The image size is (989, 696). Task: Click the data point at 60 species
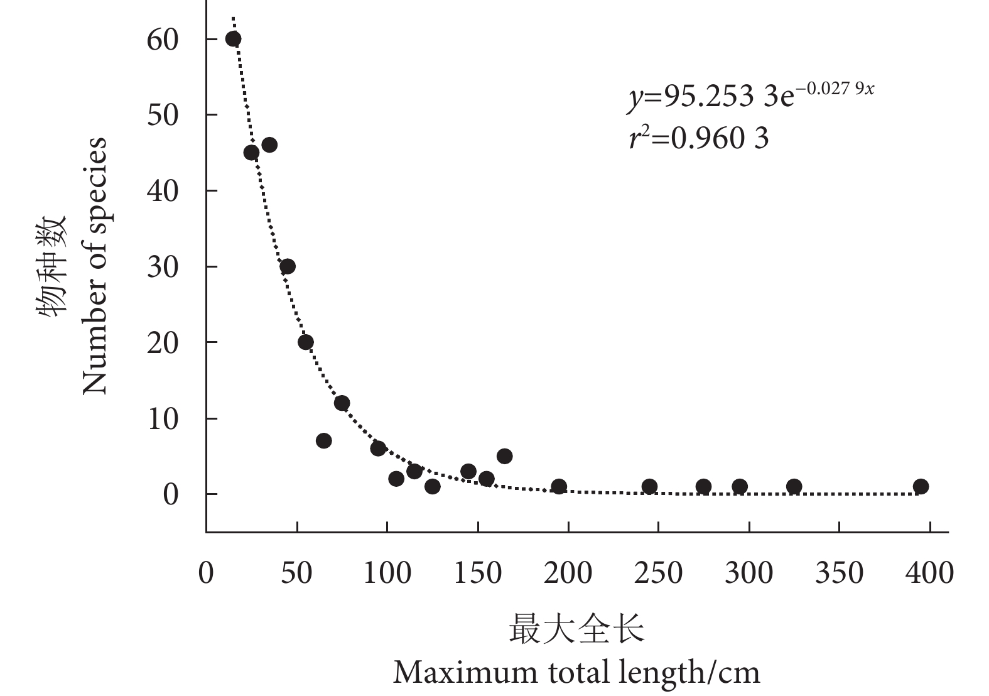pyautogui.click(x=234, y=39)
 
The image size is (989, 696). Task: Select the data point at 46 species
pyautogui.click(x=269, y=145)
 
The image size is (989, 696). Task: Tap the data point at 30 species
pyautogui.click(x=288, y=266)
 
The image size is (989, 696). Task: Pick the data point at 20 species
pyautogui.click(x=306, y=342)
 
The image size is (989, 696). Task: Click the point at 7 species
pyautogui.click(x=324, y=441)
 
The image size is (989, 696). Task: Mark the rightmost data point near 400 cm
pyautogui.click(x=921, y=486)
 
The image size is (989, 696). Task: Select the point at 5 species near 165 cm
pyautogui.click(x=504, y=456)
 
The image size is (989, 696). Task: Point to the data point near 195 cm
pyautogui.click(x=559, y=486)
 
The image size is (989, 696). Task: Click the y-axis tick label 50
pyautogui.click(x=163, y=115)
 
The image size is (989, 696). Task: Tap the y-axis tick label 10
pyautogui.click(x=163, y=419)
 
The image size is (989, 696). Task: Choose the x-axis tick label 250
pyautogui.click(x=658, y=573)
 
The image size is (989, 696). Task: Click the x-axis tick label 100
pyautogui.click(x=387, y=573)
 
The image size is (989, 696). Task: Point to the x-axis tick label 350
pyautogui.click(x=839, y=573)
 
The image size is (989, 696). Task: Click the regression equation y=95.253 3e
pyautogui.click(x=750, y=97)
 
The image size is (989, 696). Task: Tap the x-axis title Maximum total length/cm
pyautogui.click(x=576, y=673)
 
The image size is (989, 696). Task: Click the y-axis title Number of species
pyautogui.click(x=95, y=266)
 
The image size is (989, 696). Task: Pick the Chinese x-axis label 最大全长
pyautogui.click(x=576, y=629)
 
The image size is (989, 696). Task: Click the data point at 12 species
pyautogui.click(x=342, y=403)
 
